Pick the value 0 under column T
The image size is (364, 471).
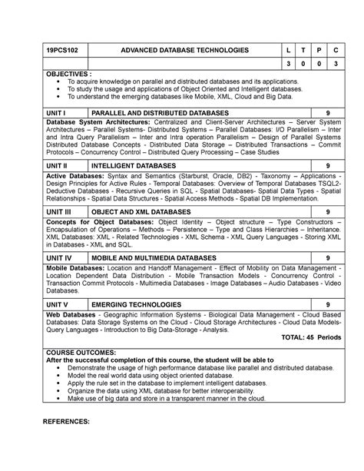point(289,65)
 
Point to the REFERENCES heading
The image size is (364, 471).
point(68,422)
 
